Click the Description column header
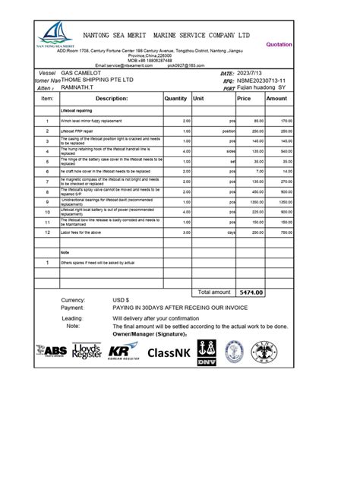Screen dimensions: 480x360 point(112,99)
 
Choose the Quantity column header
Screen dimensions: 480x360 point(175,99)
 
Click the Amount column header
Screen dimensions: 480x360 point(276,99)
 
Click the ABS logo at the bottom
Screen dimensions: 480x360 point(52,351)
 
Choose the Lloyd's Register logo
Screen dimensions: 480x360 point(87,351)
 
